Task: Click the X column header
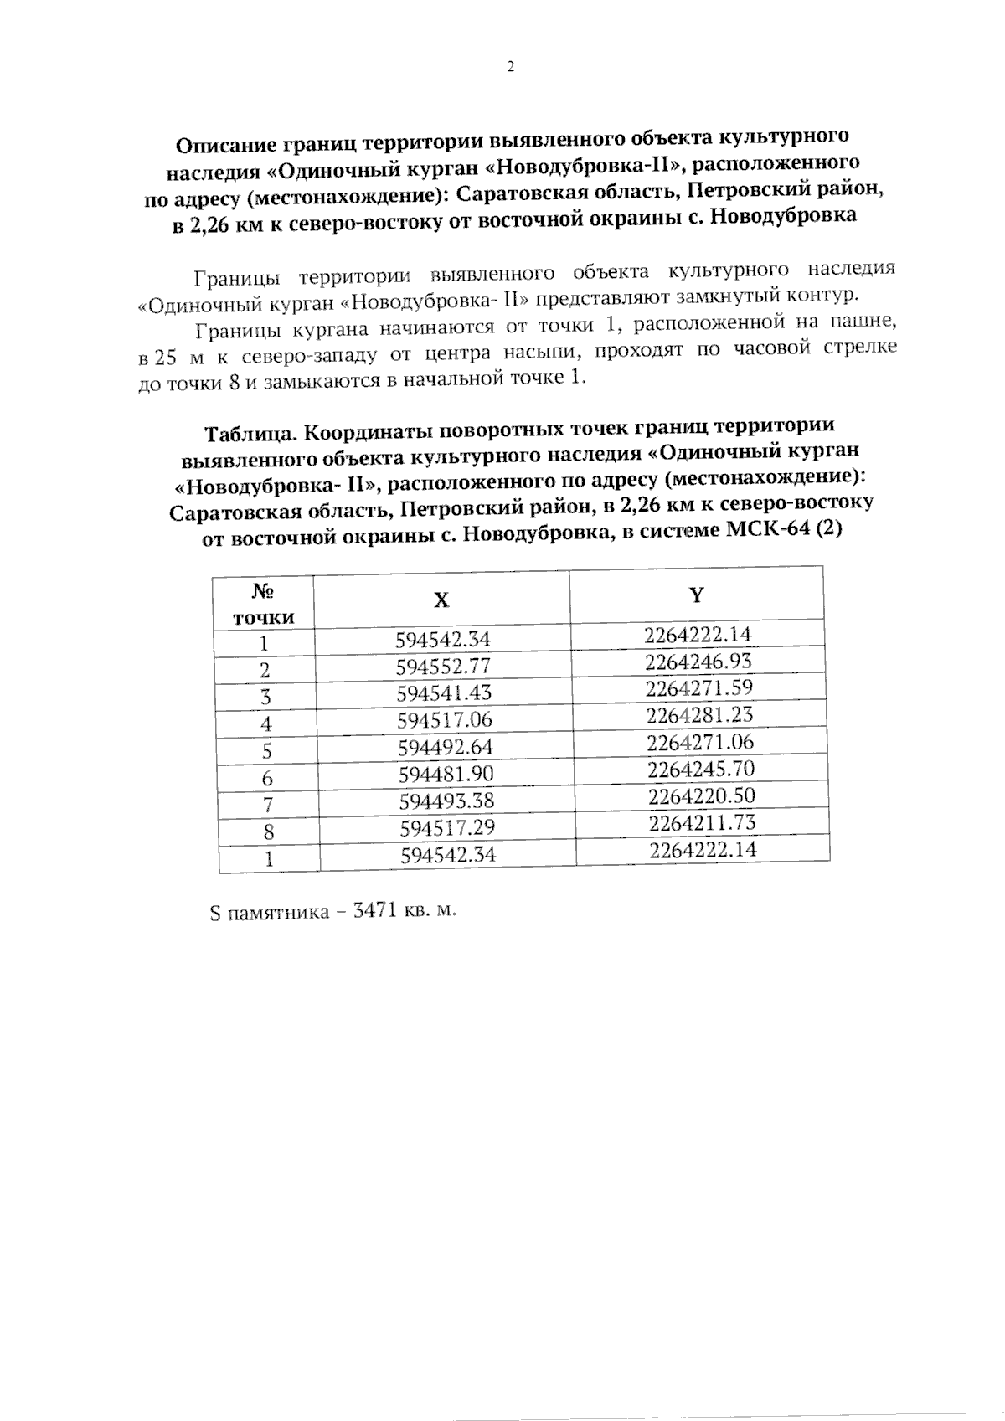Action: tap(441, 600)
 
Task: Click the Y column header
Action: tap(697, 595)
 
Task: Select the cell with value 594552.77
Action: tap(443, 667)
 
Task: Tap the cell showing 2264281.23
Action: tap(699, 715)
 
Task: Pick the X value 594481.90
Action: tap(446, 774)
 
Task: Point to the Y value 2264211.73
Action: tap(702, 823)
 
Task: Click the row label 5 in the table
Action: tap(265, 750)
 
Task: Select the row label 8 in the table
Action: tap(268, 832)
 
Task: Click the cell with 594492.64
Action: tap(446, 747)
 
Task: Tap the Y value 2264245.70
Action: tap(701, 769)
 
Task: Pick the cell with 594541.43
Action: tap(444, 693)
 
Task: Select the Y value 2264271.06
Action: tap(700, 742)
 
